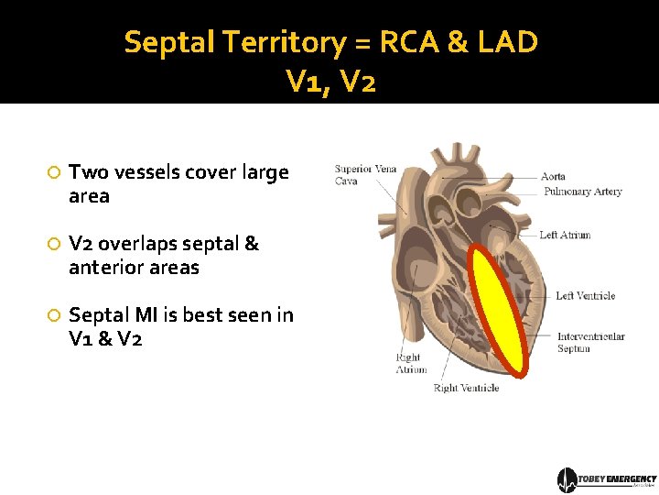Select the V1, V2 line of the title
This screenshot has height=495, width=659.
click(330, 83)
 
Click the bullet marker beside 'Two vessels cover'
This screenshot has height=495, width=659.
click(54, 173)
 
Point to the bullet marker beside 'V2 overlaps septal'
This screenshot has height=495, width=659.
click(54, 245)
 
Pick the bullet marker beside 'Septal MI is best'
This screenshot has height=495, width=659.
click(54, 316)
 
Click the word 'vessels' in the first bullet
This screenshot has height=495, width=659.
click(146, 172)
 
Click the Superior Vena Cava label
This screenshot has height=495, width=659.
click(352, 174)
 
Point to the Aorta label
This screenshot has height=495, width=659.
click(553, 176)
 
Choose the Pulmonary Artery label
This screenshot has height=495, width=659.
click(582, 192)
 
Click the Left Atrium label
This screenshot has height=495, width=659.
click(565, 236)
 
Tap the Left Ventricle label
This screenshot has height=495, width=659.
click(585, 296)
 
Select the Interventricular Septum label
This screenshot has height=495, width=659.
click(590, 342)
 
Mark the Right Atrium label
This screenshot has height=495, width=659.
click(411, 364)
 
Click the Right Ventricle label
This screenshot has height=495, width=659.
click(466, 389)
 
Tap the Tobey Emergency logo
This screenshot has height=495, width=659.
click(607, 479)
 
